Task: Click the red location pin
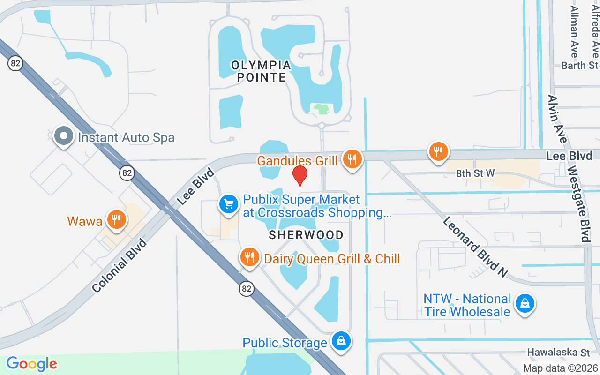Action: tap(300, 175)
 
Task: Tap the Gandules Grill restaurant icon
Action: tap(351, 159)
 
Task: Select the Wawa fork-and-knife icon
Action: tap(116, 219)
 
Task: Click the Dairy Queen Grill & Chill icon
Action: tap(250, 257)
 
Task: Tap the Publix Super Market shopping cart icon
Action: tap(229, 204)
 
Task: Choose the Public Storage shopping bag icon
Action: tap(342, 341)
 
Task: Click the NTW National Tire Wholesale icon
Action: tap(525, 304)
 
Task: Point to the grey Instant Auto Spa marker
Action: tap(63, 136)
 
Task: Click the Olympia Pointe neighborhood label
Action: tap(261, 71)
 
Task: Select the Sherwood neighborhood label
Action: tap(306, 235)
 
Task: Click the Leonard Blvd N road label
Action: tap(475, 247)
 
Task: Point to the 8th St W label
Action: tap(475, 173)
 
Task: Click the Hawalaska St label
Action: tap(558, 352)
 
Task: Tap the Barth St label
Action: tap(580, 65)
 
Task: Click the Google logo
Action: tap(32, 364)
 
